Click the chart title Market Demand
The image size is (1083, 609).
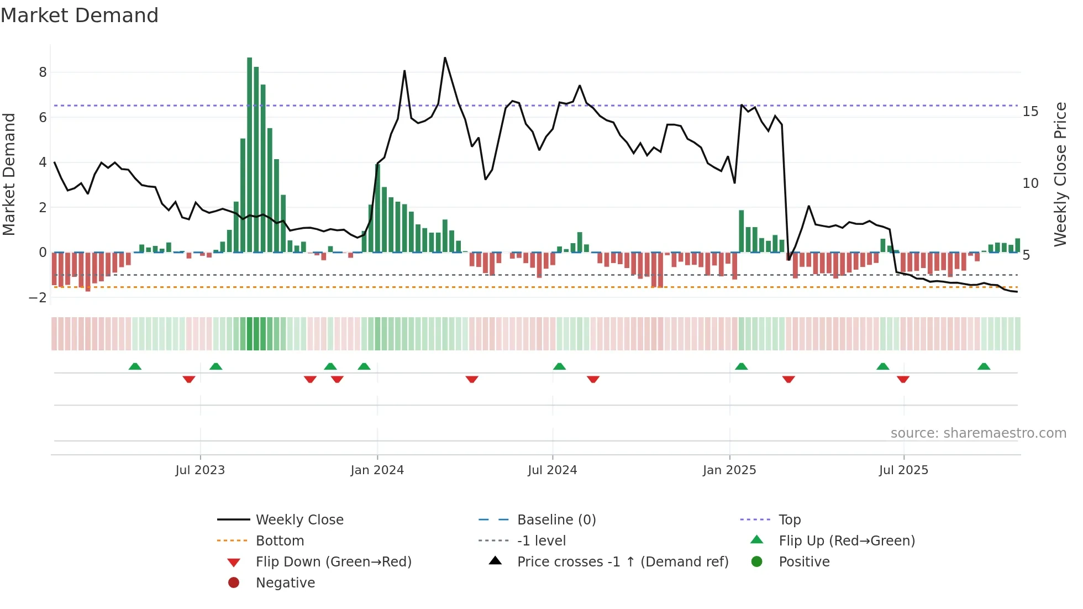pyautogui.click(x=80, y=15)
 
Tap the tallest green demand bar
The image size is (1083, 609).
pyautogui.click(x=250, y=155)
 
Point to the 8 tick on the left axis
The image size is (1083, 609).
pyautogui.click(x=43, y=72)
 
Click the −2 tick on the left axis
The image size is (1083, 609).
pyautogui.click(x=38, y=297)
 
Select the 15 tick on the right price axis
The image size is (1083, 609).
pyautogui.click(x=1031, y=112)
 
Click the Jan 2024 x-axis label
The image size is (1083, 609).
pyautogui.click(x=377, y=470)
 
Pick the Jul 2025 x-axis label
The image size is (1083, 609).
pyautogui.click(x=903, y=470)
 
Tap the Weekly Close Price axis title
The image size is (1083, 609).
pyautogui.click(x=1060, y=174)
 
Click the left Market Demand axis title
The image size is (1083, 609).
pyautogui.click(x=9, y=174)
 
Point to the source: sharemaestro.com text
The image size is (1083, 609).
pyautogui.click(x=978, y=433)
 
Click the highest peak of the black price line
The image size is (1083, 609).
pyautogui.click(x=445, y=58)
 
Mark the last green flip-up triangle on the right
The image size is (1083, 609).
pyautogui.click(x=984, y=366)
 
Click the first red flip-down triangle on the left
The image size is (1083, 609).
pyautogui.click(x=189, y=379)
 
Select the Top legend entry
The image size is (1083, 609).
pyautogui.click(x=790, y=520)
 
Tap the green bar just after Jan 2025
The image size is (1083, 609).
pyautogui.click(x=742, y=231)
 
